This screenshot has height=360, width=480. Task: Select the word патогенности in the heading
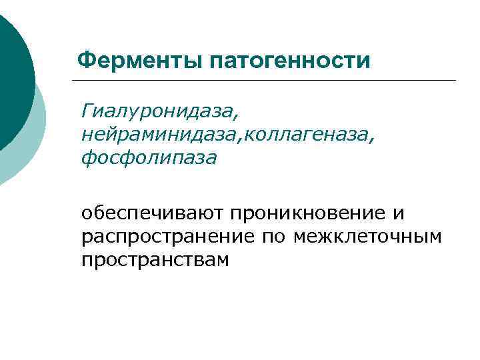[289, 61]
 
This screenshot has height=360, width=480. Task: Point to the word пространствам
[155, 260]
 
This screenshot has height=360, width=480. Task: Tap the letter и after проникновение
[399, 214]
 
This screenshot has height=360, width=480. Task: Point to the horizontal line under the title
[267, 81]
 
